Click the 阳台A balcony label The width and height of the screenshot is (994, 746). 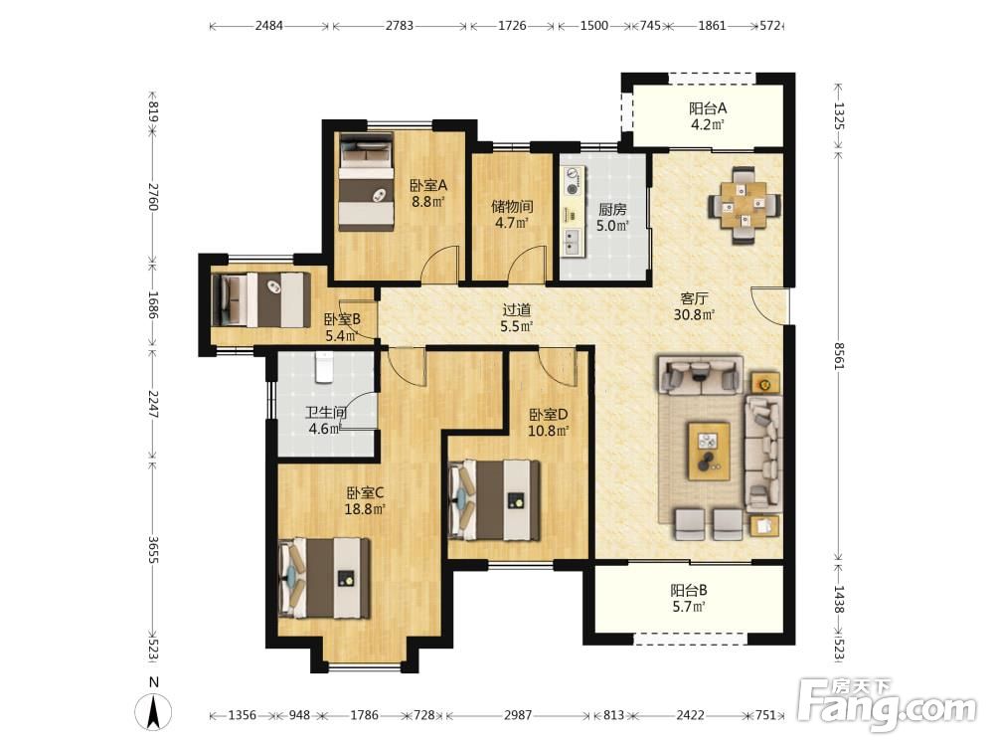pyautogui.click(x=708, y=108)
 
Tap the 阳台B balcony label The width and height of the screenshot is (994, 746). pyautogui.click(x=689, y=591)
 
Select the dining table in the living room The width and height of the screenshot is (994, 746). pyautogui.click(x=745, y=205)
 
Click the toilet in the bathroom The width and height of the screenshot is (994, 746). pyautogui.click(x=324, y=368)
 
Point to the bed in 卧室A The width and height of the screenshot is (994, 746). pyautogui.click(x=367, y=181)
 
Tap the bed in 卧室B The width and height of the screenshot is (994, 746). pyautogui.click(x=261, y=299)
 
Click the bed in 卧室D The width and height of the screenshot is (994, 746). pyautogui.click(x=495, y=500)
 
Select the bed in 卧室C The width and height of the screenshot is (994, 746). pyautogui.click(x=325, y=578)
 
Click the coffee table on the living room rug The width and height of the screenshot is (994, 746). pyautogui.click(x=710, y=451)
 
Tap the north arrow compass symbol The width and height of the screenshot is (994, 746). pyautogui.click(x=153, y=710)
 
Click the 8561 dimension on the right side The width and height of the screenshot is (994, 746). pyautogui.click(x=838, y=355)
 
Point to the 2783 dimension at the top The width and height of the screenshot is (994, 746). pyautogui.click(x=400, y=26)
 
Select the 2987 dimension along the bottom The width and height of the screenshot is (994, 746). pyautogui.click(x=518, y=715)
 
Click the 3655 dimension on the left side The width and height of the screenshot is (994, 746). pyautogui.click(x=153, y=549)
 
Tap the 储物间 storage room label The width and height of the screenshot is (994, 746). pyautogui.click(x=512, y=207)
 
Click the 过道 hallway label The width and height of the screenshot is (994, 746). pyautogui.click(x=517, y=310)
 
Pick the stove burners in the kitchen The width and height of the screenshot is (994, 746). pyautogui.click(x=574, y=180)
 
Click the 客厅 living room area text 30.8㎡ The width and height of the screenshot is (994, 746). pyautogui.click(x=694, y=314)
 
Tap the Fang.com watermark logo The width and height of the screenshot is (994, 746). pyautogui.click(x=887, y=703)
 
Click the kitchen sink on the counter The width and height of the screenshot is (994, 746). pyautogui.click(x=572, y=241)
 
